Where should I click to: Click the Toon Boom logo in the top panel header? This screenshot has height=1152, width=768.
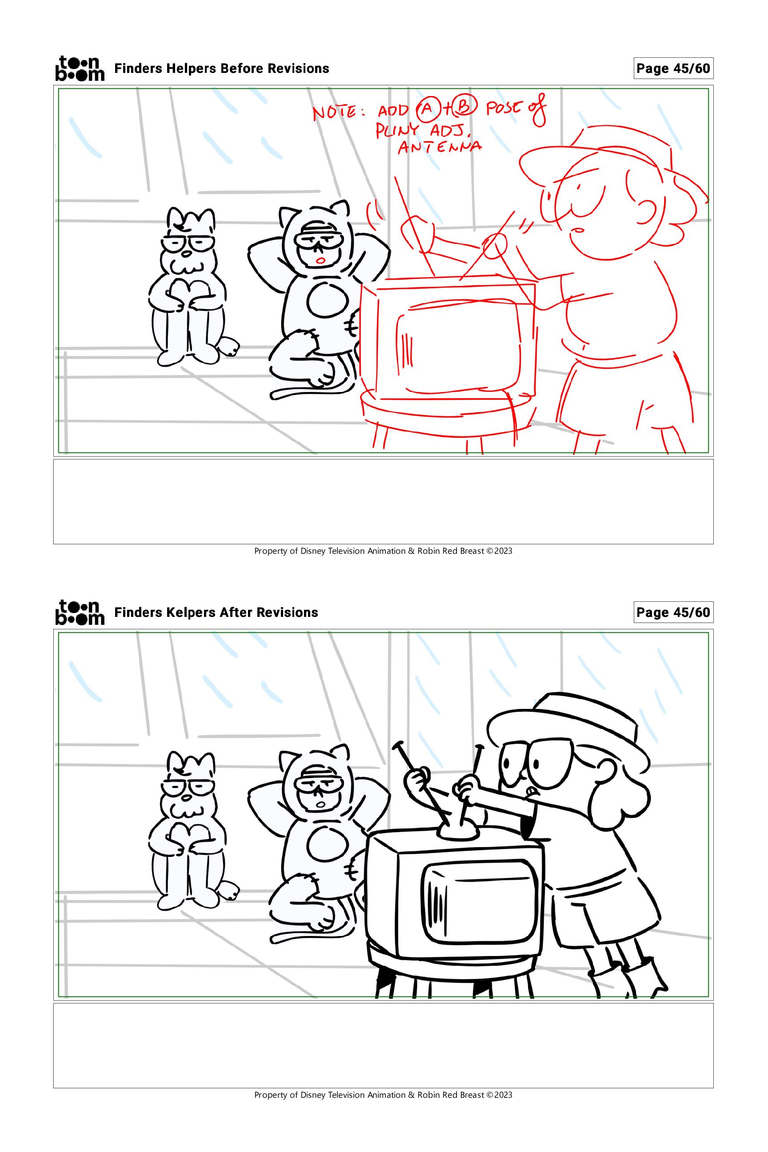80,68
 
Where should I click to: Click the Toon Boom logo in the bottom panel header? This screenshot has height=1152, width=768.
80,612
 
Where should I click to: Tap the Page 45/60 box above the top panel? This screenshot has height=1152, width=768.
673,68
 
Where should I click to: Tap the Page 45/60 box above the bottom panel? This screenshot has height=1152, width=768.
673,612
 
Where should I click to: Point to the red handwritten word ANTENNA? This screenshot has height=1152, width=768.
440,146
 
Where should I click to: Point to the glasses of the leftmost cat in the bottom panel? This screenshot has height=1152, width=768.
189,787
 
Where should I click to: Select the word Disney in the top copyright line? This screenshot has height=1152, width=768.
312,551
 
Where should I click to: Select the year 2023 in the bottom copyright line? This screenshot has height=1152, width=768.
503,1095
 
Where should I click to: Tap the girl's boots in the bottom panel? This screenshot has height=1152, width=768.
629,980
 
